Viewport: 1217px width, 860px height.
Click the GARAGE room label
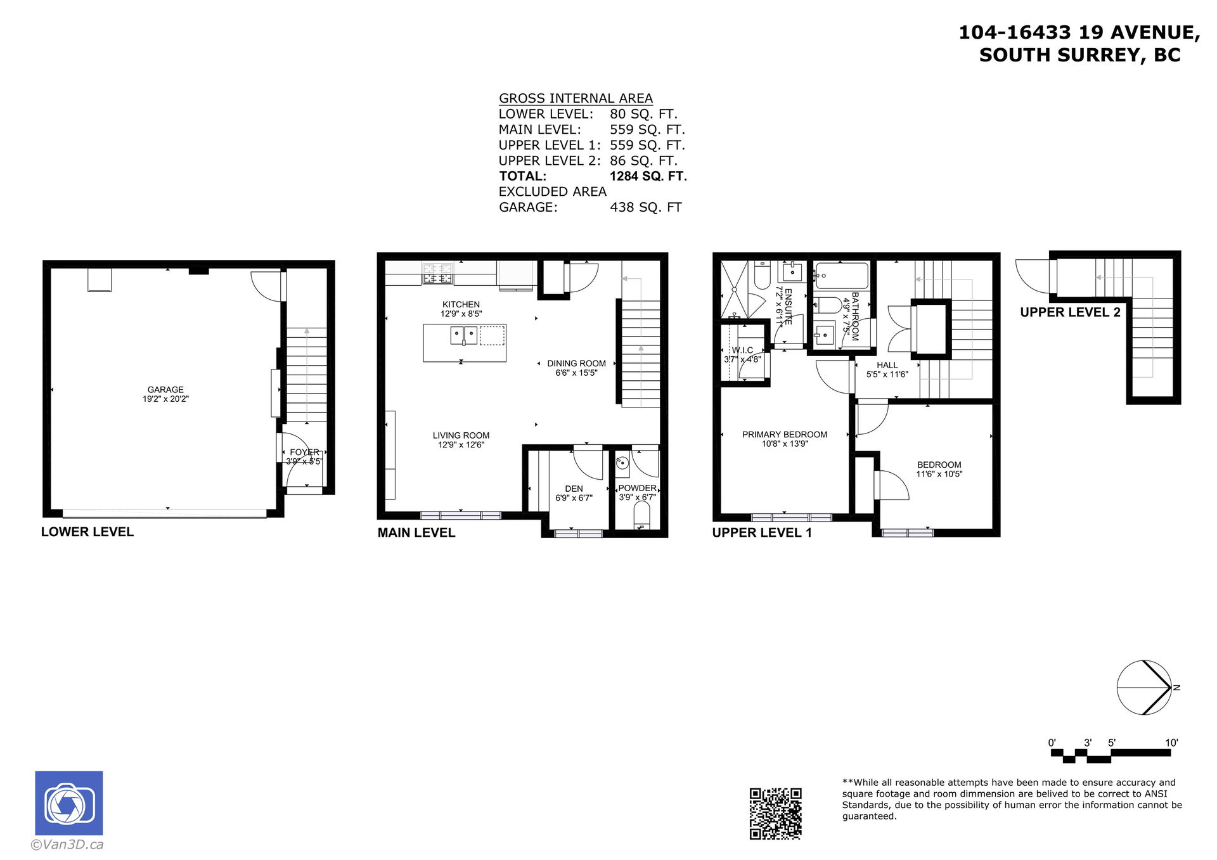click(x=165, y=390)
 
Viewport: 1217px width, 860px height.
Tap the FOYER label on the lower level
click(x=304, y=452)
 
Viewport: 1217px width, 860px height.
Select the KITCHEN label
click(x=461, y=305)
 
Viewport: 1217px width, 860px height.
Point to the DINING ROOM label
click(x=576, y=364)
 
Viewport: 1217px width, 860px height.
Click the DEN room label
click(x=574, y=489)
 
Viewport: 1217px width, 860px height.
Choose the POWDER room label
click(x=637, y=488)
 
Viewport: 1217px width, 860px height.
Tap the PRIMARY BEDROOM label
click(x=785, y=435)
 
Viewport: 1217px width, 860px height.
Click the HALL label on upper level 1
click(x=887, y=365)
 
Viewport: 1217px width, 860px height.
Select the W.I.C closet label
click(x=742, y=350)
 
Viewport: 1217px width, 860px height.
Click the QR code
click(x=775, y=814)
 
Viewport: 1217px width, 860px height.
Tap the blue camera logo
click(x=68, y=804)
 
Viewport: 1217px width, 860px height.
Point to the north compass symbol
click(x=1145, y=688)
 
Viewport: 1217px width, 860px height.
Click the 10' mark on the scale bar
click(x=1171, y=743)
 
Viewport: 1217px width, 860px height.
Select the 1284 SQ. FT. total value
click(x=648, y=176)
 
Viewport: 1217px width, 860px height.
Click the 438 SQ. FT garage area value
click(x=645, y=207)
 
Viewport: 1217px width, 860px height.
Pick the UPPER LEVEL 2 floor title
click(x=1070, y=312)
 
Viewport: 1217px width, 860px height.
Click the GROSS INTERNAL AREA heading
click(x=576, y=98)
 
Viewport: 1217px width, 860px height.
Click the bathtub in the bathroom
click(x=842, y=276)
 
